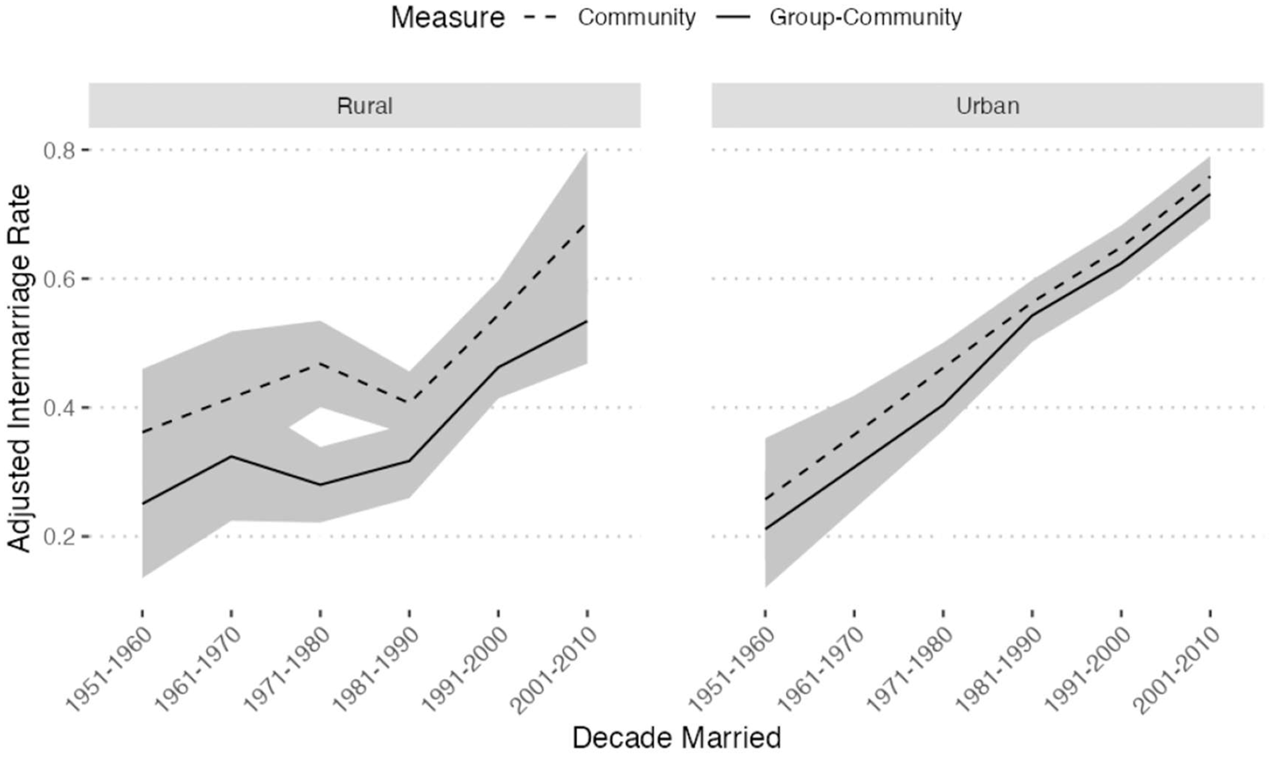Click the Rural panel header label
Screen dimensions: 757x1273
click(364, 106)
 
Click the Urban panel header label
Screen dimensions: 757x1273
click(987, 106)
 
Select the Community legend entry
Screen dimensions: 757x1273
click(636, 18)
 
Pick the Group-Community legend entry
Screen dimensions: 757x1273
click(865, 18)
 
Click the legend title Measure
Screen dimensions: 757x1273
click(447, 18)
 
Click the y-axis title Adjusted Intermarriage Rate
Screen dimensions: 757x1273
click(19, 368)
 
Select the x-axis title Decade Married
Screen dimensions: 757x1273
click(676, 738)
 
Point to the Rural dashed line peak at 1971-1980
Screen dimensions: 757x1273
click(320, 363)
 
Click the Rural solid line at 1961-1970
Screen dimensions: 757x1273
click(231, 456)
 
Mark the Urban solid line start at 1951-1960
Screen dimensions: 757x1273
click(765, 529)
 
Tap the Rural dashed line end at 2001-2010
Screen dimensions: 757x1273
click(586, 224)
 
